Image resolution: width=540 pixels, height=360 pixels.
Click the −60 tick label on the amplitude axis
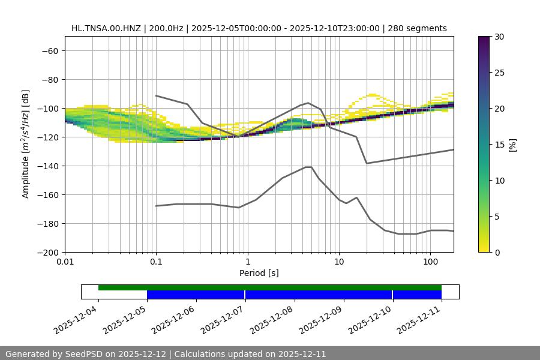tap(49, 50)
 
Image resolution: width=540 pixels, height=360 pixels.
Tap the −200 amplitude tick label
tap(47, 252)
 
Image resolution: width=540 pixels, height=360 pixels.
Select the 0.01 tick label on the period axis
tap(65, 262)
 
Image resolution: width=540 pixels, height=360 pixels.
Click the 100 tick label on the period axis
tap(430, 262)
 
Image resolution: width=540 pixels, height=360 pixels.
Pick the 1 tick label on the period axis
tap(248, 262)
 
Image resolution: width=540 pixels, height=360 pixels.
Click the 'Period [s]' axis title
tap(259, 273)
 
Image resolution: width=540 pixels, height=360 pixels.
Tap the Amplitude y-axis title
tap(26, 144)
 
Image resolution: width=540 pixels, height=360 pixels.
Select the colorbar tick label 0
tap(497, 252)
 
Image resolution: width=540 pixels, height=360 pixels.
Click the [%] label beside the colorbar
tap(512, 144)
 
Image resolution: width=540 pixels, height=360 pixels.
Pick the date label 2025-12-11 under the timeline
tap(419, 318)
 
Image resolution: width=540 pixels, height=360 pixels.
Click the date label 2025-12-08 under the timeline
tap(272, 318)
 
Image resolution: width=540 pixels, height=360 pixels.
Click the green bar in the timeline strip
tap(270, 287)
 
